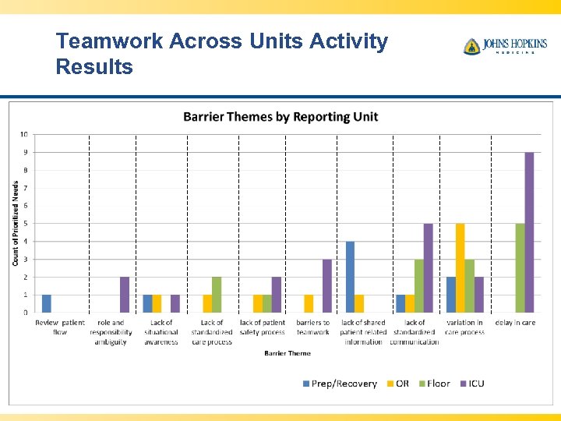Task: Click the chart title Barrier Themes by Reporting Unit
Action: coord(280,117)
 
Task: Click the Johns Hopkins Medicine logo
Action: coord(504,47)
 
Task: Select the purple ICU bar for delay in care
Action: coord(529,232)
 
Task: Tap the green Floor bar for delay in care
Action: coord(520,268)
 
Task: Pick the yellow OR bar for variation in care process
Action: coord(460,268)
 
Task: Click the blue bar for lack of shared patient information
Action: coord(350,277)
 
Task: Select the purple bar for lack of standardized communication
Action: coord(428,268)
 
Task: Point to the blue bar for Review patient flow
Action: coord(46,303)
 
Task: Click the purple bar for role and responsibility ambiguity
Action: coord(125,295)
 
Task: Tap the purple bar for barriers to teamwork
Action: coord(327,286)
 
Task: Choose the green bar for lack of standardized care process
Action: coord(217,295)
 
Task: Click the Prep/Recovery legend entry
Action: coord(339,384)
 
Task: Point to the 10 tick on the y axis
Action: coord(25,134)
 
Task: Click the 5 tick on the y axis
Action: coord(26,224)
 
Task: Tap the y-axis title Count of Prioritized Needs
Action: coord(16,223)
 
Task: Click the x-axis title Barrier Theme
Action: coord(288,353)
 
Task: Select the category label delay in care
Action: coord(515,323)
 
